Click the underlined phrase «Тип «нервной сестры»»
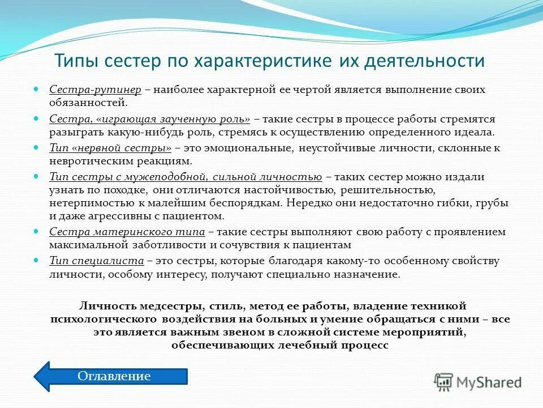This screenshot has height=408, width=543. click(x=110, y=148)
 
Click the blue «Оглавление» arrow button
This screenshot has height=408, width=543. click(x=113, y=376)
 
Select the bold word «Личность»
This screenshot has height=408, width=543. click(x=107, y=305)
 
